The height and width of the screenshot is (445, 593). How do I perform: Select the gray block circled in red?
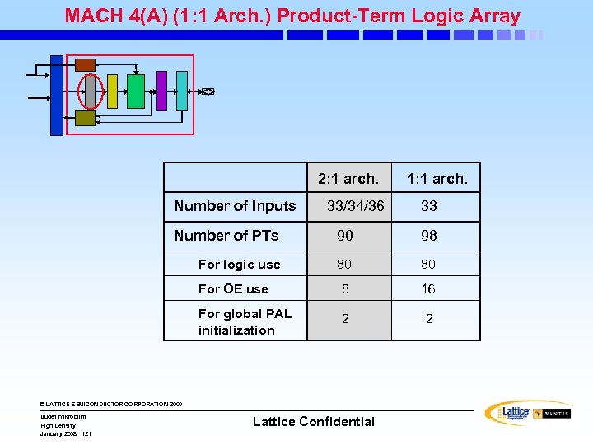pos(90,91)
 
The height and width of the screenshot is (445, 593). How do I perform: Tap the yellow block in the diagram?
pos(113,91)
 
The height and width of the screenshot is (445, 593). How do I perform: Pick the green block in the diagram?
pos(136,91)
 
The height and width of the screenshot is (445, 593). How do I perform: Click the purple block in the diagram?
pos(161,91)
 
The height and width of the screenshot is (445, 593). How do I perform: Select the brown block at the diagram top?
pos(85,64)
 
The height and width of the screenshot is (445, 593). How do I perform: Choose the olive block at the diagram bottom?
pos(85,118)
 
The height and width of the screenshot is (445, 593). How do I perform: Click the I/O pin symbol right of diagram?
pos(208,91)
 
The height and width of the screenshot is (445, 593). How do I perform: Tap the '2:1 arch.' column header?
pos(348,178)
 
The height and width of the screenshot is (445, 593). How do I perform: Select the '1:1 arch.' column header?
pos(437,178)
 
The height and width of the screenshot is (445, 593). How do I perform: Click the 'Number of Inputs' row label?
pos(235,206)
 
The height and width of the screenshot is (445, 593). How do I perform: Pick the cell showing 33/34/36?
pos(355,206)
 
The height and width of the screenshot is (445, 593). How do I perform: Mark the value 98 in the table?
pos(429,236)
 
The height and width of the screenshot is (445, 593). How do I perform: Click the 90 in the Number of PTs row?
pos(345,236)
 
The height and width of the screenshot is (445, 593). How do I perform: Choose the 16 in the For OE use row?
pos(429,289)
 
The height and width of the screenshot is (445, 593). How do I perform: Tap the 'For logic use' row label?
pos(239,265)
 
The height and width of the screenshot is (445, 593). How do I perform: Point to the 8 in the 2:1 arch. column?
pos(345,289)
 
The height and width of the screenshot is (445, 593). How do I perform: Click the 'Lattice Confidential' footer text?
pos(313,422)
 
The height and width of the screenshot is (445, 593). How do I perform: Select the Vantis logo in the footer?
pos(552,414)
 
